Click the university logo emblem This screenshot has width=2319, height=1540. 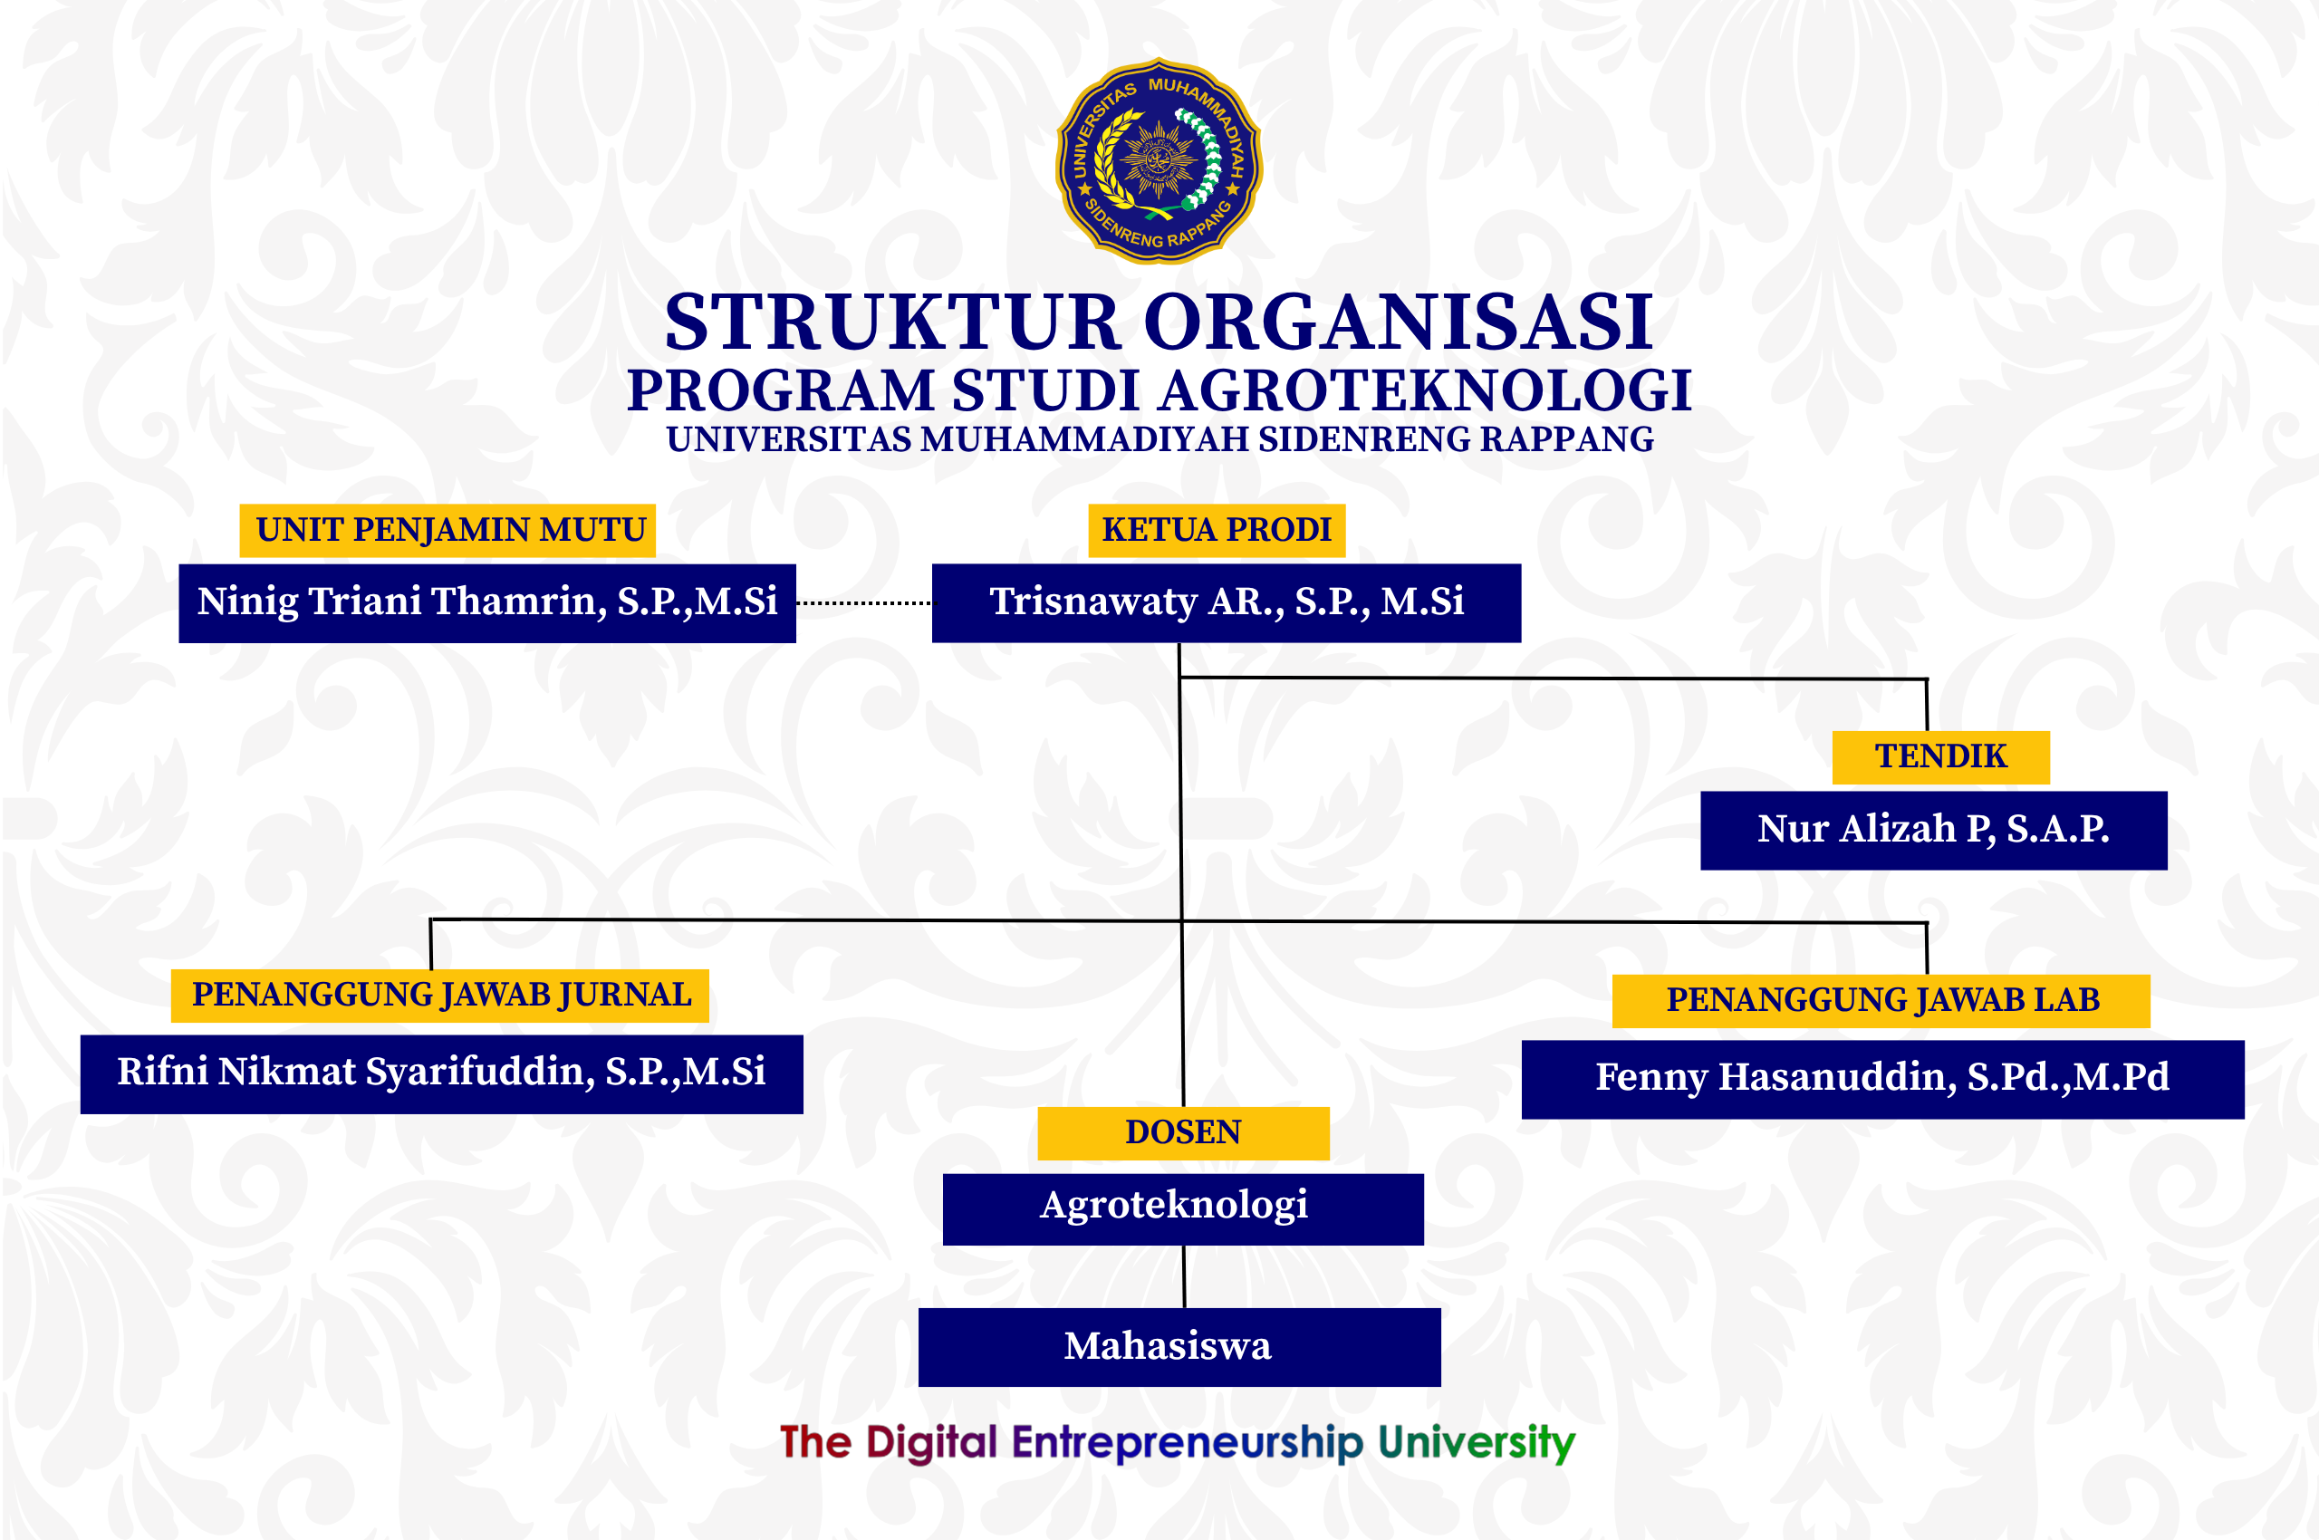pos(1158,161)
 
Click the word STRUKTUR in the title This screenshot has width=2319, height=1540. pos(893,322)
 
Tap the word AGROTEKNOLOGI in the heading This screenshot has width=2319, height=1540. pos(1425,391)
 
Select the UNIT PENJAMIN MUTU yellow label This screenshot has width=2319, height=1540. pos(447,530)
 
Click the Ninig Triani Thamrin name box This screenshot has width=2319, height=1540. pos(487,603)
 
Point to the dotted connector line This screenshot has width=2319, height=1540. pos(864,603)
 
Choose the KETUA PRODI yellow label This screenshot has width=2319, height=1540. pos(1217,530)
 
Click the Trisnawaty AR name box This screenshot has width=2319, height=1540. pos(1227,603)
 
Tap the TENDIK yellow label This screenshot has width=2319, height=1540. pos(1941,757)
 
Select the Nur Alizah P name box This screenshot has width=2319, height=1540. pos(1934,831)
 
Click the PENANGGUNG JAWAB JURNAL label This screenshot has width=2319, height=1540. pos(440,996)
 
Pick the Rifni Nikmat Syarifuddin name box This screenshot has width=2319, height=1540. pos(442,1074)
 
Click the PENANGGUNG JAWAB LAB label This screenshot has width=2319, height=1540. pos(1881,1001)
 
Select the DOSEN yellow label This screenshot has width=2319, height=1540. pos(1184,1133)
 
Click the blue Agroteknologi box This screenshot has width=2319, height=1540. pos(1184,1209)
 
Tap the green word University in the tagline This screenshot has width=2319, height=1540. pos(1477,1443)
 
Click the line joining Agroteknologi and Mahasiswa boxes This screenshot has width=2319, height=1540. pos(1184,1276)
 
